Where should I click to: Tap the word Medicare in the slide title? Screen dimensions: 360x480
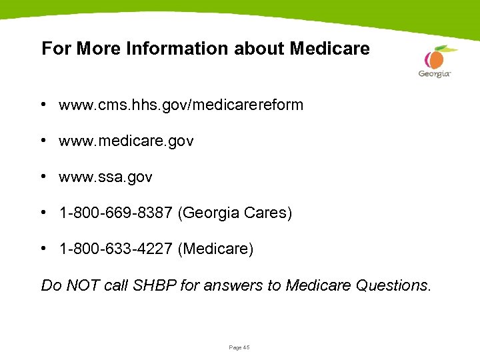(x=329, y=49)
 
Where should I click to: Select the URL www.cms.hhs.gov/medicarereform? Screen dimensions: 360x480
(x=181, y=105)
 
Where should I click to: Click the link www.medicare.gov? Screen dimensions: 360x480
(x=126, y=141)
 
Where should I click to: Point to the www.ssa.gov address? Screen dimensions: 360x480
(x=105, y=177)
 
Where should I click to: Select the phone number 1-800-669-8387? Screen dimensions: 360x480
(x=117, y=213)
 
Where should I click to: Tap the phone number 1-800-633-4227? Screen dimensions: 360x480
(x=117, y=249)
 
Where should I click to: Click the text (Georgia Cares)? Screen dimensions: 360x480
(x=236, y=213)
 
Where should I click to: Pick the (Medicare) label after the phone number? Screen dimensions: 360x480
(x=217, y=249)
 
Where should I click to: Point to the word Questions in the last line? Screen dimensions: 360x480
(x=393, y=286)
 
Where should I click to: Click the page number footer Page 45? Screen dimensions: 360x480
(x=239, y=347)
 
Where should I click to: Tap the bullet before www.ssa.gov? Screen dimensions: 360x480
(x=42, y=177)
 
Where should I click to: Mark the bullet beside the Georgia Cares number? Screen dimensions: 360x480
(x=42, y=213)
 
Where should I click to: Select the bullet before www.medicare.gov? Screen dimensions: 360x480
(x=42, y=141)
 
